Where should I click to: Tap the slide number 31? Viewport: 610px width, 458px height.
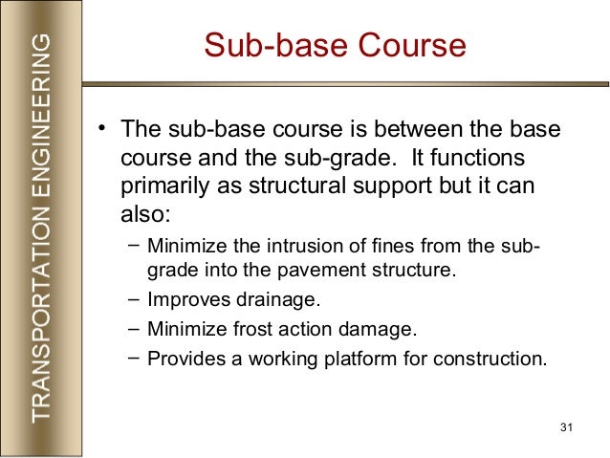(563, 425)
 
